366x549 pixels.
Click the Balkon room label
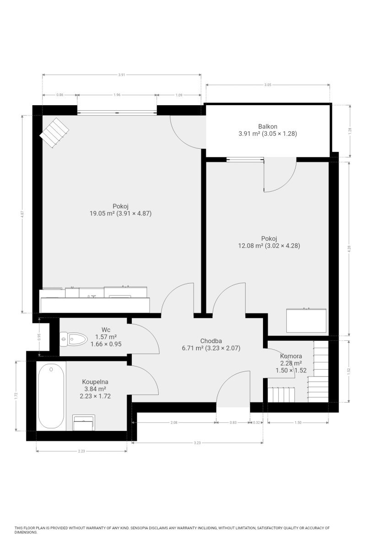(x=268, y=126)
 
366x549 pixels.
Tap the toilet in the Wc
(x=74, y=339)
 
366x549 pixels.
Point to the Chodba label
(x=211, y=341)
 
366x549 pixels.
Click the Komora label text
(x=291, y=356)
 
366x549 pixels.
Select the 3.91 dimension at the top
(x=122, y=75)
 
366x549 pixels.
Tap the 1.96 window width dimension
(x=117, y=95)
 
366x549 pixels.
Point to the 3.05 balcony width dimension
(x=268, y=85)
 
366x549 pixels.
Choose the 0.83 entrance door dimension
(x=233, y=422)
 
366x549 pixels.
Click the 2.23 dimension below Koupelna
(x=81, y=451)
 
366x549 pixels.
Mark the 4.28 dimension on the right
(x=350, y=248)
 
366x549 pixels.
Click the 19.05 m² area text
(x=102, y=213)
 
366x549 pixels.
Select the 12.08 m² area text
(x=251, y=246)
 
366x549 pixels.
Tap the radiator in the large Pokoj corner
(x=54, y=133)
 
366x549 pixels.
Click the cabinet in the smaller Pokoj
(x=306, y=320)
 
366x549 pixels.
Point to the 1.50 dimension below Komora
(x=298, y=422)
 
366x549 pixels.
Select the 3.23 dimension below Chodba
(x=197, y=443)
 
